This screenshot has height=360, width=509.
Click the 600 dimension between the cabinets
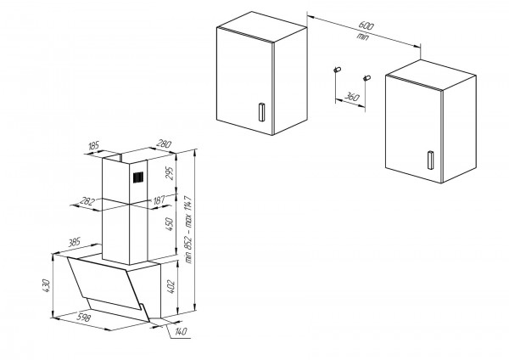pos(366,25)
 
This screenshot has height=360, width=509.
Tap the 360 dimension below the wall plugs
pos(351,97)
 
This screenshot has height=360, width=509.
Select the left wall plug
pos(337,70)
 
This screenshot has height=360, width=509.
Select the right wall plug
pos(366,78)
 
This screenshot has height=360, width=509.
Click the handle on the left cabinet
pos(261,112)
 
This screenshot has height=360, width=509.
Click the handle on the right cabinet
pos(430,160)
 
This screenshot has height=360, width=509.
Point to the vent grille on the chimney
pos(138,177)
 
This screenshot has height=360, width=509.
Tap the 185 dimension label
pos(93,146)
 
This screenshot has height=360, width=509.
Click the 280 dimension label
pos(164,143)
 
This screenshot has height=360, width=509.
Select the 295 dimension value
pos(170,173)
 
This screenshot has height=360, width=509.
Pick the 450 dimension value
pos(170,224)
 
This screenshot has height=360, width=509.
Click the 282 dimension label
pos(87,201)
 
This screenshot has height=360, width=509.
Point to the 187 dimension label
pos(159,200)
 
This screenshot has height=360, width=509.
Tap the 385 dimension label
pos(74,242)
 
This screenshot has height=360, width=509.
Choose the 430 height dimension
pos(46,285)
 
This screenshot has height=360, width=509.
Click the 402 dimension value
pos(171,287)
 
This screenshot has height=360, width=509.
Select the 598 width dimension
pos(83,318)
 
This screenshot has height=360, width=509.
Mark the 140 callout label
pos(181,331)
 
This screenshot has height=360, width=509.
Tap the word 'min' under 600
pos(362,36)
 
